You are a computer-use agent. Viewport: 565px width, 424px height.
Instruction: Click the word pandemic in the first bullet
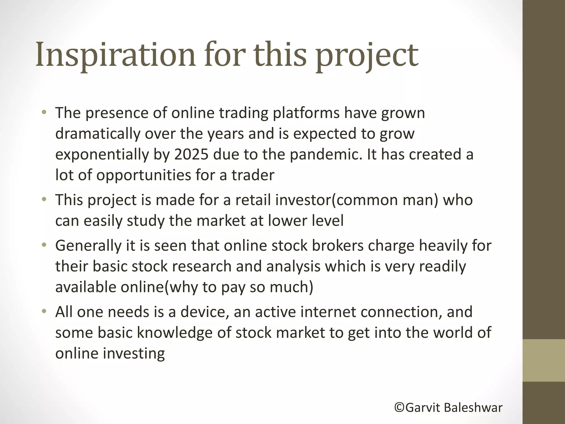[326, 154]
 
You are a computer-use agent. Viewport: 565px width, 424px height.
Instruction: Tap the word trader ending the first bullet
[253, 175]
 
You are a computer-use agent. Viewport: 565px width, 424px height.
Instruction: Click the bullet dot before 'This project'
[44, 199]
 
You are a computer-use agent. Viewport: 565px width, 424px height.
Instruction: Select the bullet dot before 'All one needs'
[44, 311]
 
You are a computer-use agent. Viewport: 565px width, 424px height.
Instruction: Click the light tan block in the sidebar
[543, 360]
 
